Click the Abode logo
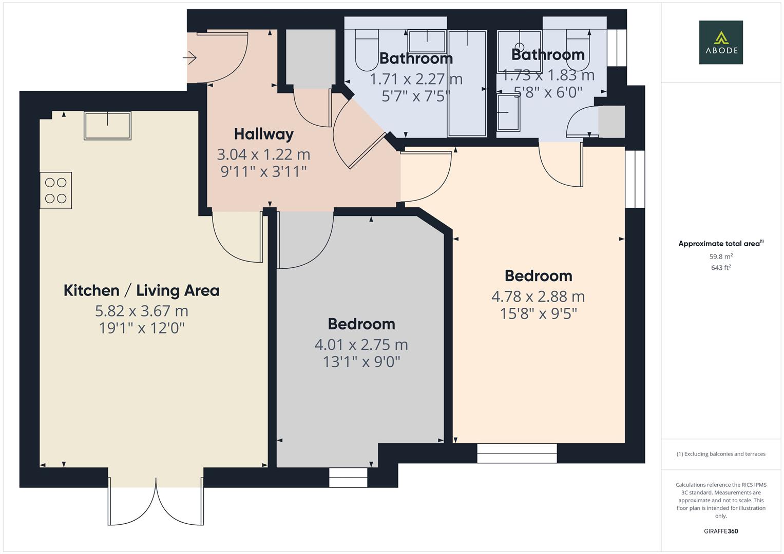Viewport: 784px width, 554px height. (720, 42)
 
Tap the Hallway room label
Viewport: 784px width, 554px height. (263, 134)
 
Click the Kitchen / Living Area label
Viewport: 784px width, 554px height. (141, 290)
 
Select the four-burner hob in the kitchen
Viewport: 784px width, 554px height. (55, 190)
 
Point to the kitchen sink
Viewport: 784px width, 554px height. (107, 125)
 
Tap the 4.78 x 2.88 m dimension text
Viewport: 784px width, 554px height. (538, 296)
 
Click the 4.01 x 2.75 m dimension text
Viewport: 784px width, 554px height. (361, 345)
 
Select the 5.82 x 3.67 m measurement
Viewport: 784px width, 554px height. (141, 311)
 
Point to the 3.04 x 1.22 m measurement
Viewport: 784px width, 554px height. (263, 154)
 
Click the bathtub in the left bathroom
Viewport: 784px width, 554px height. (467, 84)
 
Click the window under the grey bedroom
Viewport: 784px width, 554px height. (348, 477)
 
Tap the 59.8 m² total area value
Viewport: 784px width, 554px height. (720, 256)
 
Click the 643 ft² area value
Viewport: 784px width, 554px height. (720, 267)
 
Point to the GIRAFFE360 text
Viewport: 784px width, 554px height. (720, 531)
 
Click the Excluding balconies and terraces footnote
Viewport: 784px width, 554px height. (720, 454)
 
